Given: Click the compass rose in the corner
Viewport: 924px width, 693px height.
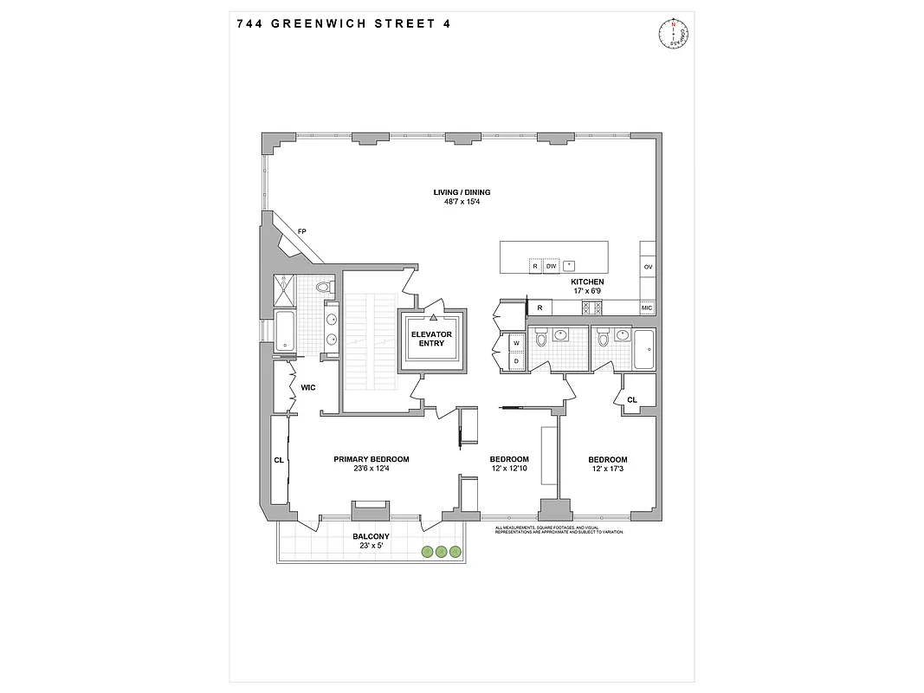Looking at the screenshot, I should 673,35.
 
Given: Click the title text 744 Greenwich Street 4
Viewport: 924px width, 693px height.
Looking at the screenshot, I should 343,23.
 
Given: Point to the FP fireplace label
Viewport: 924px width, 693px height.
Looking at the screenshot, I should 301,231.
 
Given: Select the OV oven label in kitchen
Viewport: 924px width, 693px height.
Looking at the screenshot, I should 648,267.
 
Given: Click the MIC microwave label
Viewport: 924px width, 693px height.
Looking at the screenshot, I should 646,308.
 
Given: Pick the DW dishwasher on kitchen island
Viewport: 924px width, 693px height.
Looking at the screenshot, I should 551,267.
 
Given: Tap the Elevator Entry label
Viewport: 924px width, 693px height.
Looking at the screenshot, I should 431,338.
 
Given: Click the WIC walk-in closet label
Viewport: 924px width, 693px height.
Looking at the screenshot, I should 307,386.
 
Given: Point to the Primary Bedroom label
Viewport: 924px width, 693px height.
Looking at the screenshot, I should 372,459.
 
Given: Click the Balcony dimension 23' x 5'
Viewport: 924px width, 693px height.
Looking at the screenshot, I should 371,546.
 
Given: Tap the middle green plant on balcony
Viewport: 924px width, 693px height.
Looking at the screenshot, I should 441,551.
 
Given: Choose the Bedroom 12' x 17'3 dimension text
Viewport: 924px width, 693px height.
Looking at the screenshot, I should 608,470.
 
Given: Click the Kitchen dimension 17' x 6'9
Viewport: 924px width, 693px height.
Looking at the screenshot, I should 586,292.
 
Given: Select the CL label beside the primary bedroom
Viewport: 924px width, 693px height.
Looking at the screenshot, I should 279,460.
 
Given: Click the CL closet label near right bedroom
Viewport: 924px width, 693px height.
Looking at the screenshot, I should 632,399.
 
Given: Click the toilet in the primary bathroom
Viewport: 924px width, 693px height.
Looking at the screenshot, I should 324,286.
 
